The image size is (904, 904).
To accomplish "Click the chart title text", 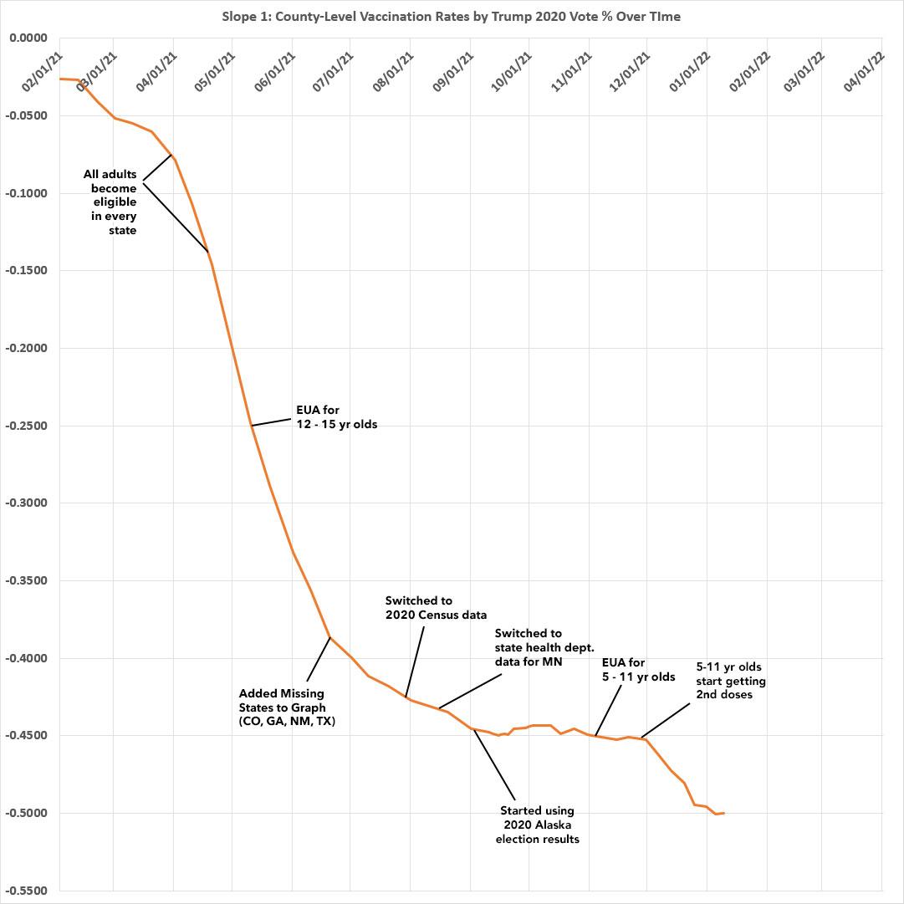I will click(452, 17).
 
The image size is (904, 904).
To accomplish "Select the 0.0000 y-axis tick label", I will click(29, 38).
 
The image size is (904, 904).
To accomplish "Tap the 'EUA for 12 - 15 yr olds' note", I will click(336, 418).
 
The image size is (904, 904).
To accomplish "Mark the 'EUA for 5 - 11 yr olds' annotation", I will click(638, 670).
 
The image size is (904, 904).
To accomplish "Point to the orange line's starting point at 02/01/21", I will click(60, 79).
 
